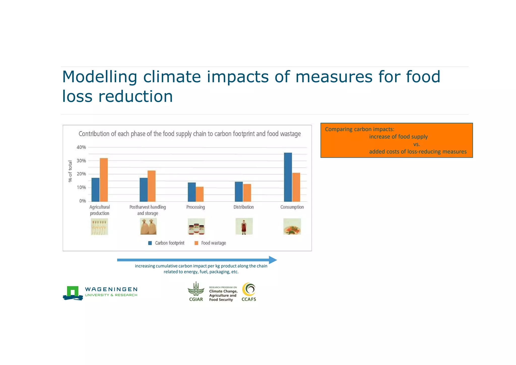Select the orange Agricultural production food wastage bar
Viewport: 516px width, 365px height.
coord(104,180)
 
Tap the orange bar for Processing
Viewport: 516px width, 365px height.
coord(200,194)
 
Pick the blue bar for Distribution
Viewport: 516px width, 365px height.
coord(239,192)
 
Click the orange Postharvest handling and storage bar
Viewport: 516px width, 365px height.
coord(151,186)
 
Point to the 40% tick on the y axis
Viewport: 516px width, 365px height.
coord(81,147)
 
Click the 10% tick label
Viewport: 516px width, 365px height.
coord(81,188)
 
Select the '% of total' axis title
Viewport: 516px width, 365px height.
coord(70,171)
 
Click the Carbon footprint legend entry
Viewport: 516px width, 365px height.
coord(166,243)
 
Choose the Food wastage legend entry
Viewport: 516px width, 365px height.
coord(210,243)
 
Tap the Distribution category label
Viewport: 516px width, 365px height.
coord(243,207)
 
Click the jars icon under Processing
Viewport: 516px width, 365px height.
coord(196,226)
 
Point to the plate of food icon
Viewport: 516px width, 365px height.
coord(292,226)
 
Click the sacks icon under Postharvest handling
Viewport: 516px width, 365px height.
coord(148,226)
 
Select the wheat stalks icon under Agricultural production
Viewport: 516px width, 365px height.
coord(100,226)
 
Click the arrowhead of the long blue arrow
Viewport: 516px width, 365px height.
coord(273,260)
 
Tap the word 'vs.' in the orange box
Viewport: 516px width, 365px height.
coord(416,144)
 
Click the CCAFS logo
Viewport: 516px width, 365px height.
coord(249,292)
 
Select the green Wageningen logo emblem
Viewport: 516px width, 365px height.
coord(73,292)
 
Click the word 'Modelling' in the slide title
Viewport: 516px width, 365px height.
coord(100,77)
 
